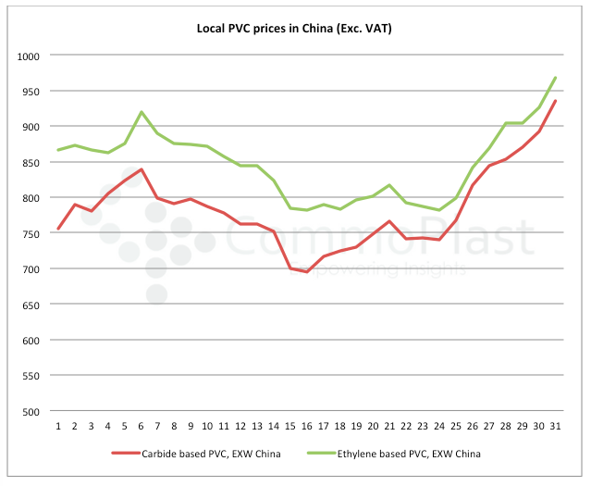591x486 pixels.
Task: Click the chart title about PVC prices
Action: (x=295, y=28)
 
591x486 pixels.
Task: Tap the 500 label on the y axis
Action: (x=31, y=411)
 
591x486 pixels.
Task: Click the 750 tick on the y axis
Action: (x=31, y=233)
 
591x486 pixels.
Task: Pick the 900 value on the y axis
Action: (x=31, y=127)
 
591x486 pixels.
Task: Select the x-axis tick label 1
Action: (x=58, y=426)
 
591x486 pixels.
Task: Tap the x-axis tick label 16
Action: (x=306, y=426)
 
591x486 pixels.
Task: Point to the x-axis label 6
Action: (x=141, y=426)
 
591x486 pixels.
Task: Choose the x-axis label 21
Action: (x=389, y=426)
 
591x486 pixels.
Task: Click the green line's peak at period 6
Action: (x=141, y=112)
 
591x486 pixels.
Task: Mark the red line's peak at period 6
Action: (x=141, y=169)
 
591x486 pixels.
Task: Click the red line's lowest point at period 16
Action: (x=306, y=271)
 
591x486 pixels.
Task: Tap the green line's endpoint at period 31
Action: (x=555, y=78)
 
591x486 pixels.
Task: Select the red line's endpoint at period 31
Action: (x=555, y=101)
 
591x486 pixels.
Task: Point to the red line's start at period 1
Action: (x=58, y=229)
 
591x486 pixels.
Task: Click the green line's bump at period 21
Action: (x=389, y=185)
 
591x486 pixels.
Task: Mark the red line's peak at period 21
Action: (x=389, y=221)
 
